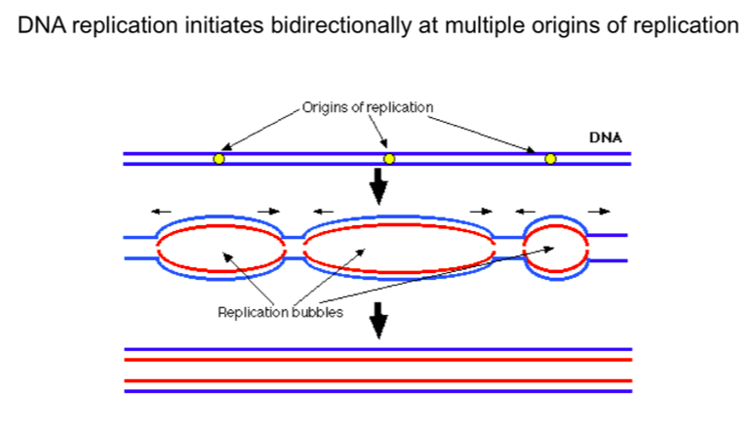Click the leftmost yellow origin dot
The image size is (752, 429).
(x=218, y=159)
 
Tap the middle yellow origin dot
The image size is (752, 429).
(x=389, y=159)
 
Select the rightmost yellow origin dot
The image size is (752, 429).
(x=550, y=159)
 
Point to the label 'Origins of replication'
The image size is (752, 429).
(x=368, y=106)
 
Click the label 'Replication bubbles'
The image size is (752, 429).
(x=280, y=312)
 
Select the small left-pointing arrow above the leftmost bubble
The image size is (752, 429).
(x=157, y=210)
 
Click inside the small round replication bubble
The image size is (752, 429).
(x=556, y=249)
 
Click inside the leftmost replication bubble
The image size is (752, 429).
(x=219, y=249)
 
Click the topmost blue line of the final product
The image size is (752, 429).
(x=378, y=349)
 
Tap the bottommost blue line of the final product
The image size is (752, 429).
(x=378, y=391)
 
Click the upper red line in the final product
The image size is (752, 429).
(x=378, y=360)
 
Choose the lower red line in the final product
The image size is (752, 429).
(x=378, y=380)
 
